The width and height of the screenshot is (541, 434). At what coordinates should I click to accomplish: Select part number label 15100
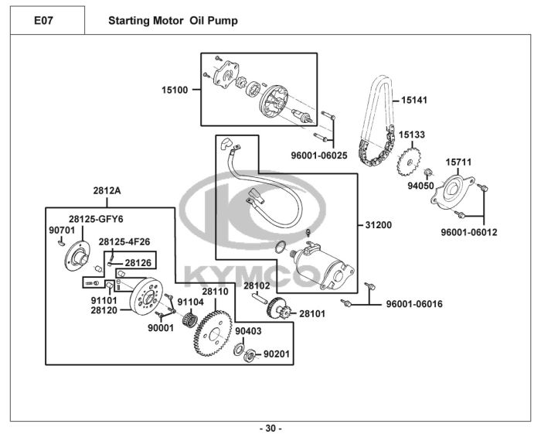(x=175, y=90)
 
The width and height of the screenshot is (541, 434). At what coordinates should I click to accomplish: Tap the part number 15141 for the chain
(x=413, y=100)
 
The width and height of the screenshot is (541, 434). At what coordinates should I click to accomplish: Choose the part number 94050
(x=420, y=186)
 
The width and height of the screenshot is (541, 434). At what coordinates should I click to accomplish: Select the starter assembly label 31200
(x=379, y=225)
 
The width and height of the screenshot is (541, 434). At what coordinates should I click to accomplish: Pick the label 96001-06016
(x=414, y=304)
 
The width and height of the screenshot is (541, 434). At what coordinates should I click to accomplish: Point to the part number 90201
(x=277, y=354)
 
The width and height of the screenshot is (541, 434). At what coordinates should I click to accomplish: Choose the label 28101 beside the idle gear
(x=312, y=314)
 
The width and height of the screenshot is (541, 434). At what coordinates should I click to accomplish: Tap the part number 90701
(x=61, y=230)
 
